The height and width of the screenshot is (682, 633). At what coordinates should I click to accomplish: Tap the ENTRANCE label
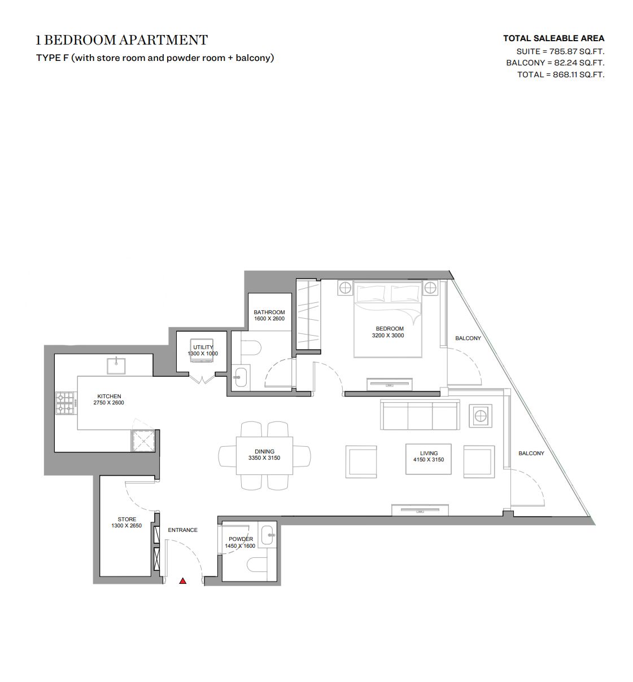point(182,530)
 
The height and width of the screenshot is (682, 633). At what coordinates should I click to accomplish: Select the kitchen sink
point(116,366)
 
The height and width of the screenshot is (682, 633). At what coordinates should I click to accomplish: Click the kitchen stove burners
point(67,403)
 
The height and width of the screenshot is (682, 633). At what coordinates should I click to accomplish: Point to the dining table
point(264,456)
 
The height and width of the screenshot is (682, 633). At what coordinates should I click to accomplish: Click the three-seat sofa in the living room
point(420,415)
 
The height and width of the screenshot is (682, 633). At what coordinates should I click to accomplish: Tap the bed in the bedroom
point(388,319)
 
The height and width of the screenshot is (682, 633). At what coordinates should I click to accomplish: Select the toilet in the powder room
point(257,564)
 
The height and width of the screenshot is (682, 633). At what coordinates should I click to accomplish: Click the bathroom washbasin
point(240,377)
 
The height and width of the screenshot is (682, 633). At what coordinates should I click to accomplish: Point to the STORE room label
point(127,519)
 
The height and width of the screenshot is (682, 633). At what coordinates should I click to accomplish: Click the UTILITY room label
point(203,347)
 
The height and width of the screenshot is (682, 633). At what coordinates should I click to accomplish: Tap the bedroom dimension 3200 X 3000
point(388,335)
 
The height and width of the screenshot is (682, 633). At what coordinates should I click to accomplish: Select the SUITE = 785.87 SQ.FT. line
point(560,51)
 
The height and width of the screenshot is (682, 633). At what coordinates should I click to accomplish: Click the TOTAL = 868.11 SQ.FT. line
point(561,74)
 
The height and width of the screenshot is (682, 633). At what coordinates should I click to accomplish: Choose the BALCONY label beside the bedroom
point(468,338)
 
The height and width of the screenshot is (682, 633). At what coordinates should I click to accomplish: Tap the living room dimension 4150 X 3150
point(429,460)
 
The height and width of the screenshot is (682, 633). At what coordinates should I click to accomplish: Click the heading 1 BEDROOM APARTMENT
point(122,40)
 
